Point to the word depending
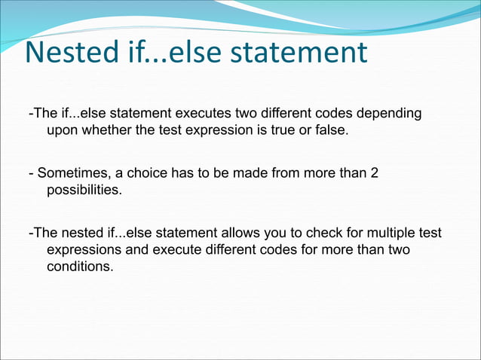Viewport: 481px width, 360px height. [389, 114]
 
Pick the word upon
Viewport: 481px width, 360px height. [63, 130]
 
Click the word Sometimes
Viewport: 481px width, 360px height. [72, 174]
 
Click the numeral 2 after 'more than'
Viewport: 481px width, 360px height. [374, 174]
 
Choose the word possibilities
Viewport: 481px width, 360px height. [84, 191]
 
